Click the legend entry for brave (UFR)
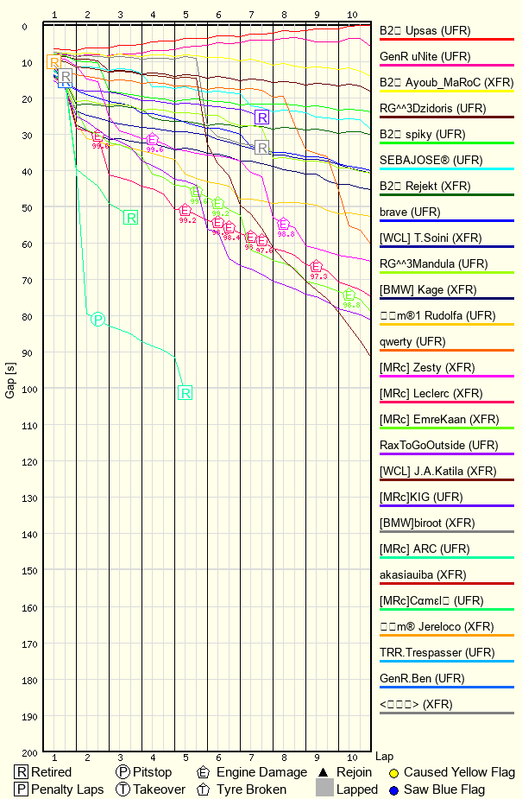pos(410,212)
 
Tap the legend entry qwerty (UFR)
pos(412,341)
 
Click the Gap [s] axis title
pos(10,390)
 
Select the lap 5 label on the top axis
pos(186,16)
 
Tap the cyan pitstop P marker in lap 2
pos(97,320)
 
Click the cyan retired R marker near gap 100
pos(186,393)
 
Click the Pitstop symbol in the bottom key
pos(123,772)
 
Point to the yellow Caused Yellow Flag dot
pos(393,772)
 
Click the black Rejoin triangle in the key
pos(323,772)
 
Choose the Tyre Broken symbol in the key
pos(204,789)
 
